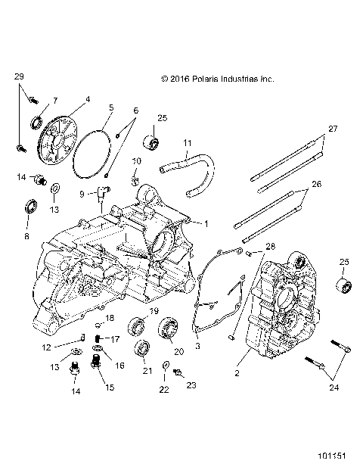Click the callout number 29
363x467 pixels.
click(x=19, y=77)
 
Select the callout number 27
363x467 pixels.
click(x=330, y=129)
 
